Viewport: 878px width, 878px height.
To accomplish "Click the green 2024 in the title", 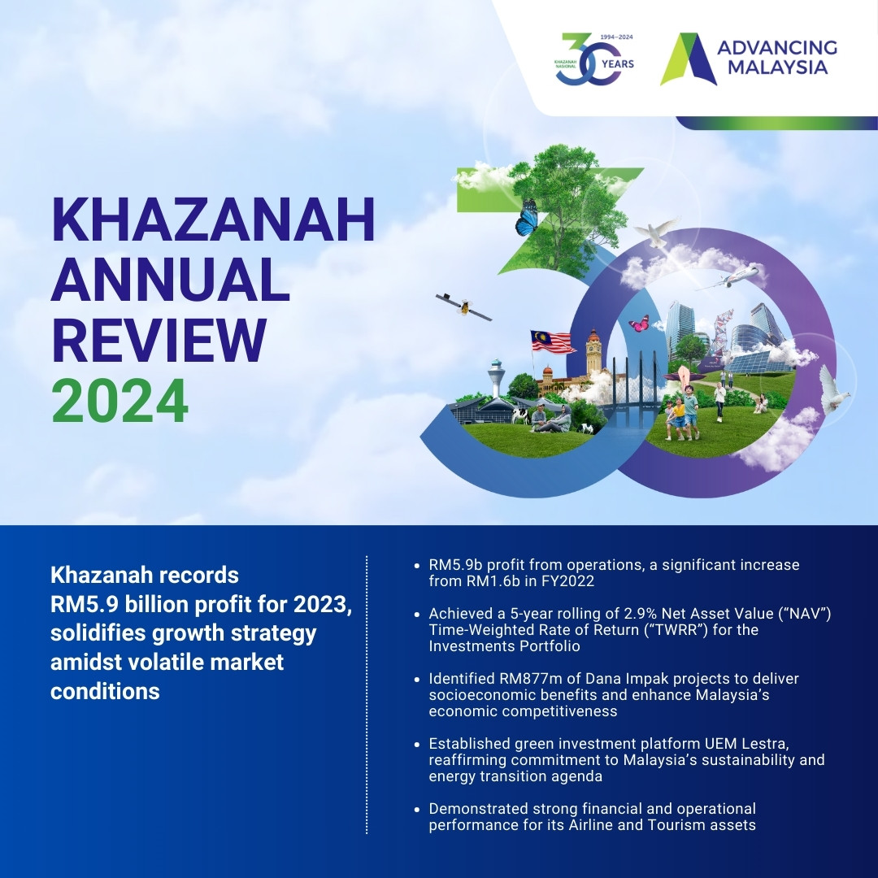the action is coord(120,401).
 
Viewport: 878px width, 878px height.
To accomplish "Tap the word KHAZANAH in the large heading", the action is coord(213,219).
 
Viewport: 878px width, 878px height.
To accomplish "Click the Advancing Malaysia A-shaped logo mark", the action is coord(689,59).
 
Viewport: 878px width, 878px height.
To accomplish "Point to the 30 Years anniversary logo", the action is coord(594,59).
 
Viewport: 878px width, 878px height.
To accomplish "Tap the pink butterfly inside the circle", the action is coord(639,323).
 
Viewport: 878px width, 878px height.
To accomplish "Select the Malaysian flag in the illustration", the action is coord(552,341).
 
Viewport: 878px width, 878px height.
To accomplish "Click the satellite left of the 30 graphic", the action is coord(463,306).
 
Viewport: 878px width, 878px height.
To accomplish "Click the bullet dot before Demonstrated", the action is coord(416,809).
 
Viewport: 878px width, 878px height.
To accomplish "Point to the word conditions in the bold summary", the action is coord(105,691).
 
